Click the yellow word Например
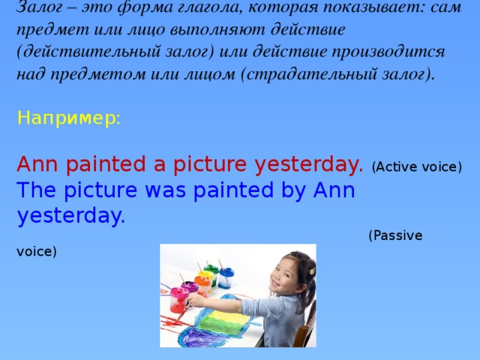coord(67,118)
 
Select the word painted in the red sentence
coord(112,163)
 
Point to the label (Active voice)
coord(416,166)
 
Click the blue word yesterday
coord(70,216)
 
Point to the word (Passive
coord(395,235)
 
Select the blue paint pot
coord(226,278)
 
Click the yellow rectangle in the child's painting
coord(225,322)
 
